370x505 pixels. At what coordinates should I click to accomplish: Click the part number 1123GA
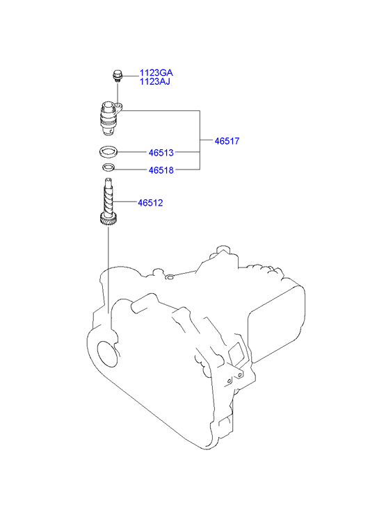(x=156, y=72)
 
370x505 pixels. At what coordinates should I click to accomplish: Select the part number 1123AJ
(x=154, y=81)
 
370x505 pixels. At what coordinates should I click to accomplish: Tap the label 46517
(x=227, y=141)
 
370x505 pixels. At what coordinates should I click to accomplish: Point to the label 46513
(x=161, y=153)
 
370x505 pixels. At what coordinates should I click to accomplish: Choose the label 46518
(x=161, y=170)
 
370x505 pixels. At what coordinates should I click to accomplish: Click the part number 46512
(x=150, y=203)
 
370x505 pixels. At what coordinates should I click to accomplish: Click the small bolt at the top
(x=117, y=76)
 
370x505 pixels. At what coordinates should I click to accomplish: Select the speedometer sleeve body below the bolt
(x=108, y=119)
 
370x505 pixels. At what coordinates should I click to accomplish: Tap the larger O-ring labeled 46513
(x=108, y=151)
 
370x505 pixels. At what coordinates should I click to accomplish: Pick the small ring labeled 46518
(x=108, y=168)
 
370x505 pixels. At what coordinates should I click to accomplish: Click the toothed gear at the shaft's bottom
(x=108, y=220)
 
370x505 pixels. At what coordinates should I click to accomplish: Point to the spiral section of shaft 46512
(x=108, y=199)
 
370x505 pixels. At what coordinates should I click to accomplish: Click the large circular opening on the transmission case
(x=106, y=354)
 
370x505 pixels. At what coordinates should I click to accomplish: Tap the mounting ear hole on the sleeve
(x=119, y=106)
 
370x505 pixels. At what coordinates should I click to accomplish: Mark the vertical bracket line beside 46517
(x=200, y=140)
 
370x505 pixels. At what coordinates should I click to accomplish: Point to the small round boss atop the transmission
(x=170, y=276)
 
